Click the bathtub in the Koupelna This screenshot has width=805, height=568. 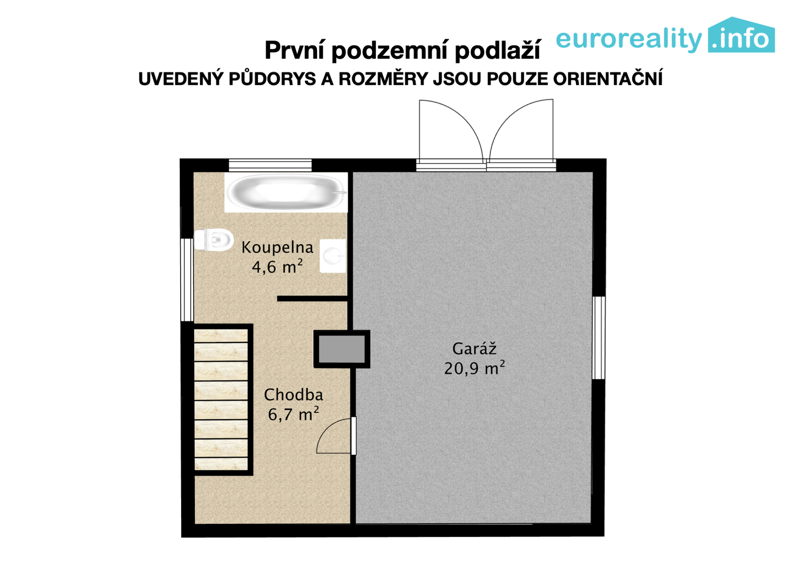tap(286, 193)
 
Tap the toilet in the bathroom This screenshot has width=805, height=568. tap(213, 239)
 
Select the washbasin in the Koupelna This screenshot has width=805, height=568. tap(333, 256)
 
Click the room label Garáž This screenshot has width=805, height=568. tap(474, 349)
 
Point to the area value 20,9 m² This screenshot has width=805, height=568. tap(474, 368)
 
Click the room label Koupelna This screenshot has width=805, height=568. tap(277, 247)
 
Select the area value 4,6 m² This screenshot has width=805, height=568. tap(277, 267)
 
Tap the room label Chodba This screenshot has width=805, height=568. tap(294, 395)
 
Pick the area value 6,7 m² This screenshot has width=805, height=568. tap(294, 414)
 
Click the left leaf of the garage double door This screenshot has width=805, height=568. tap(451, 133)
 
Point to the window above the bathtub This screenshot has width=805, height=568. tap(270, 165)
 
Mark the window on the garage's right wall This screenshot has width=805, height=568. tap(598, 337)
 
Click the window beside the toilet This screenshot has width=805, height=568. tap(187, 279)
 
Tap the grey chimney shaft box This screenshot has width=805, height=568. tap(342, 349)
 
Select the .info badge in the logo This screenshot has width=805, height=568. tap(742, 35)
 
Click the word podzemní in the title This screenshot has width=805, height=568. tap(390, 50)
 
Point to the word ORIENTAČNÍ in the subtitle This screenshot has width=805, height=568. tap(607, 78)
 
